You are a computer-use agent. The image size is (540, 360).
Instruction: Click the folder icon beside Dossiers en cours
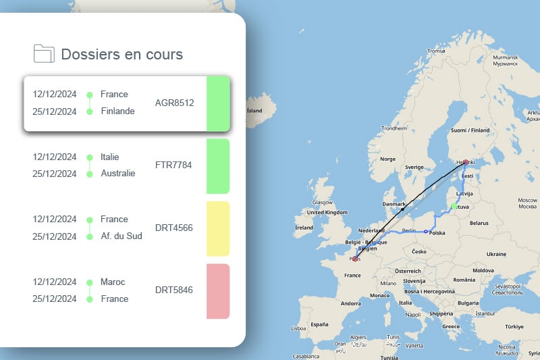coord(44,53)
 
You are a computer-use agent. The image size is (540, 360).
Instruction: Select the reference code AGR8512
coord(174,103)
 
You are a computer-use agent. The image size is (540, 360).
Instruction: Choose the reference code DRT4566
coord(174,228)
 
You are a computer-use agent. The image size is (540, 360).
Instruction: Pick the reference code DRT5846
coord(174,290)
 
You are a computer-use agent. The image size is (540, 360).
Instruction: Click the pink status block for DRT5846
coord(217,291)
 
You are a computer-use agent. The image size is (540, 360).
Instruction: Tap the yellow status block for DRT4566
coord(217,228)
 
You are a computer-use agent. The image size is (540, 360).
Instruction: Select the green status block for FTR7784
coord(217,166)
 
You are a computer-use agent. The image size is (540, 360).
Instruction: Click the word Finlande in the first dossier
coord(117,111)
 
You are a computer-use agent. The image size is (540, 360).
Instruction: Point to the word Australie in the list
coord(118,174)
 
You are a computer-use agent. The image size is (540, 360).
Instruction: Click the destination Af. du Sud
coord(122,236)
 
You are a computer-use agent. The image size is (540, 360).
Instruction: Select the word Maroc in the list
coord(113,282)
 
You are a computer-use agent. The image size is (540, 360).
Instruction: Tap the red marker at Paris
coord(355,259)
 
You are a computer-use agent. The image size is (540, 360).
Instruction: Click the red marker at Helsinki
coord(465,162)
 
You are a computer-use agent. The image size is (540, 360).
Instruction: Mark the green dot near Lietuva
coord(454,206)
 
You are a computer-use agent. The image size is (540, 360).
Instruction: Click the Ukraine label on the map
coord(496,254)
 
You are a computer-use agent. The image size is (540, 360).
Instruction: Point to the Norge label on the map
coord(388,159)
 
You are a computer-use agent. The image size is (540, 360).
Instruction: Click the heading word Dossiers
coord(90,54)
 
